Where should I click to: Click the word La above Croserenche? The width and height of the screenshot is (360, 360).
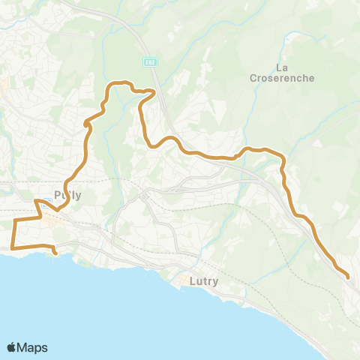tap(282, 67)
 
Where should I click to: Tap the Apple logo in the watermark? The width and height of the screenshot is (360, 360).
tap(12, 347)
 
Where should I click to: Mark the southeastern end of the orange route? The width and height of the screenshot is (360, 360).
tap(349, 278)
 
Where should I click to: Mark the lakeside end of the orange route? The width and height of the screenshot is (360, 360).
tap(56, 253)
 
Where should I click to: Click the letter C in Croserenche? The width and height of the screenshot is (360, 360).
tap(250, 77)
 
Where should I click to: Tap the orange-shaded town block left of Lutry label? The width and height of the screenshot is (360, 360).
tap(182, 281)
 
